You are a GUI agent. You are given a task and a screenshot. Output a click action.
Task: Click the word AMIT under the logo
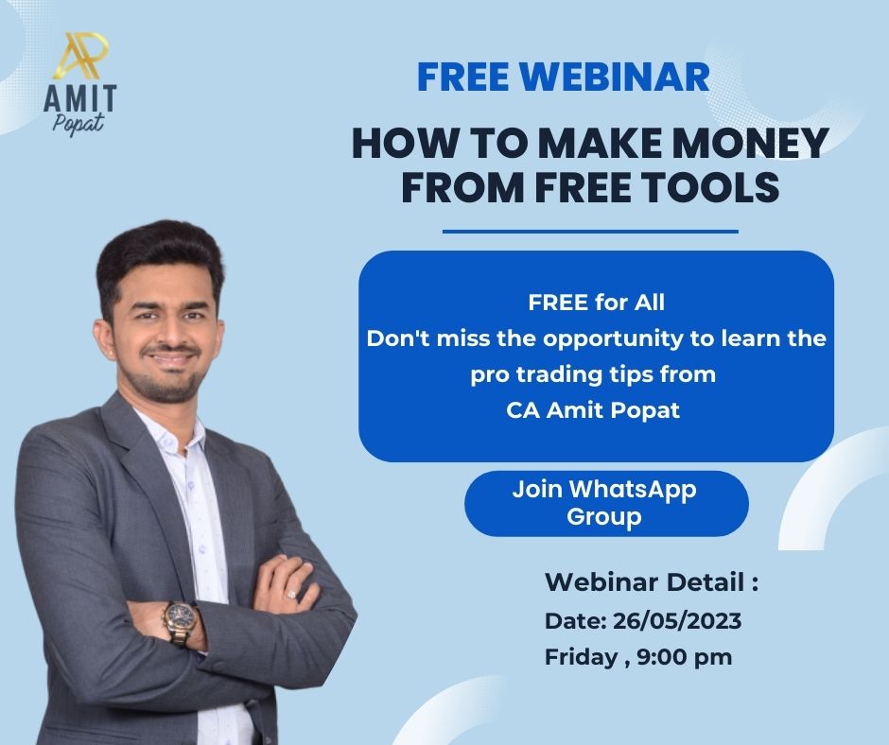80,98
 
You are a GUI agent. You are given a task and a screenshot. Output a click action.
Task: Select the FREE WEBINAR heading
563,78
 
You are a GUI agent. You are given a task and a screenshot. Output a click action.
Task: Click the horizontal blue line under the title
590,231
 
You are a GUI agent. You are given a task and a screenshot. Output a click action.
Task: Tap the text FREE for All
596,303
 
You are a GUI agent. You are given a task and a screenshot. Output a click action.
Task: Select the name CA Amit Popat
592,411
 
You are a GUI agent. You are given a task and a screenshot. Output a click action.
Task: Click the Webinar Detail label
652,582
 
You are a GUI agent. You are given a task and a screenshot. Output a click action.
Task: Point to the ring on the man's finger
292,593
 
